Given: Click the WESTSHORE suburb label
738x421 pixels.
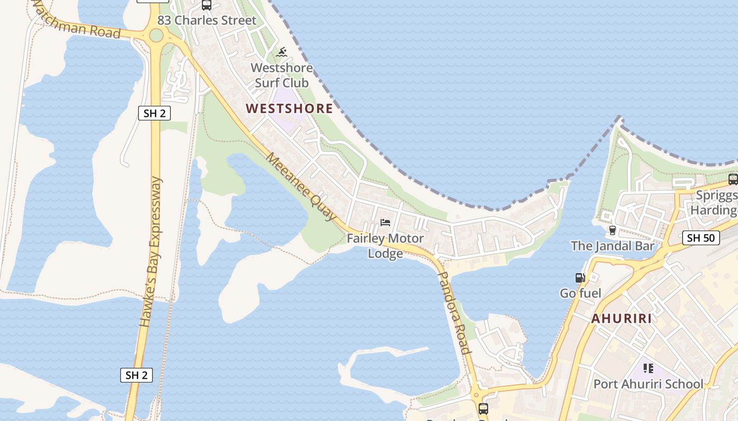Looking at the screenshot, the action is click(x=289, y=108).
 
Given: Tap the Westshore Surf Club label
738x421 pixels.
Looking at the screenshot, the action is click(x=281, y=75).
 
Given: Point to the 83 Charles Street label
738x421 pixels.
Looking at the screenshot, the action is click(x=207, y=21).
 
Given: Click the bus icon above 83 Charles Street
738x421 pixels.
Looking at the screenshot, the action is click(x=207, y=5).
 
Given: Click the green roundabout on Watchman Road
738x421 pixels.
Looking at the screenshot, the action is click(x=156, y=35).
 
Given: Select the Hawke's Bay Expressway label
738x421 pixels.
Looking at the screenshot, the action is click(x=151, y=253).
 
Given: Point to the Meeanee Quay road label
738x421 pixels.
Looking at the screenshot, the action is click(x=301, y=186).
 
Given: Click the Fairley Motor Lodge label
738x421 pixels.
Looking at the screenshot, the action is click(x=385, y=246).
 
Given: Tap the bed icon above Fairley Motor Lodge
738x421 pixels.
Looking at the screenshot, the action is click(x=385, y=223).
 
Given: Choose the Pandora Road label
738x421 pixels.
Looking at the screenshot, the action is click(x=454, y=313).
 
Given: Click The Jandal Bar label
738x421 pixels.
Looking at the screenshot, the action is click(x=613, y=246).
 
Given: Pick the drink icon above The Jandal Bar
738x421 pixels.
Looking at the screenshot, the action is click(x=613, y=230).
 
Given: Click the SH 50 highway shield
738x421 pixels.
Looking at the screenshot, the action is click(x=701, y=238).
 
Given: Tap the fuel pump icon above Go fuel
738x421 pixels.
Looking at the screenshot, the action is click(x=580, y=278).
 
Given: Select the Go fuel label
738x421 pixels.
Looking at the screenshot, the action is click(x=580, y=293).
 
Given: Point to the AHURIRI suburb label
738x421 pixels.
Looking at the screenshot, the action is click(x=622, y=318).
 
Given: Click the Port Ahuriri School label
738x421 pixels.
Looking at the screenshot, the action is click(x=648, y=384).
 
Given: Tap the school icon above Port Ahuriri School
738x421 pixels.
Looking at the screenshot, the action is click(x=648, y=368).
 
